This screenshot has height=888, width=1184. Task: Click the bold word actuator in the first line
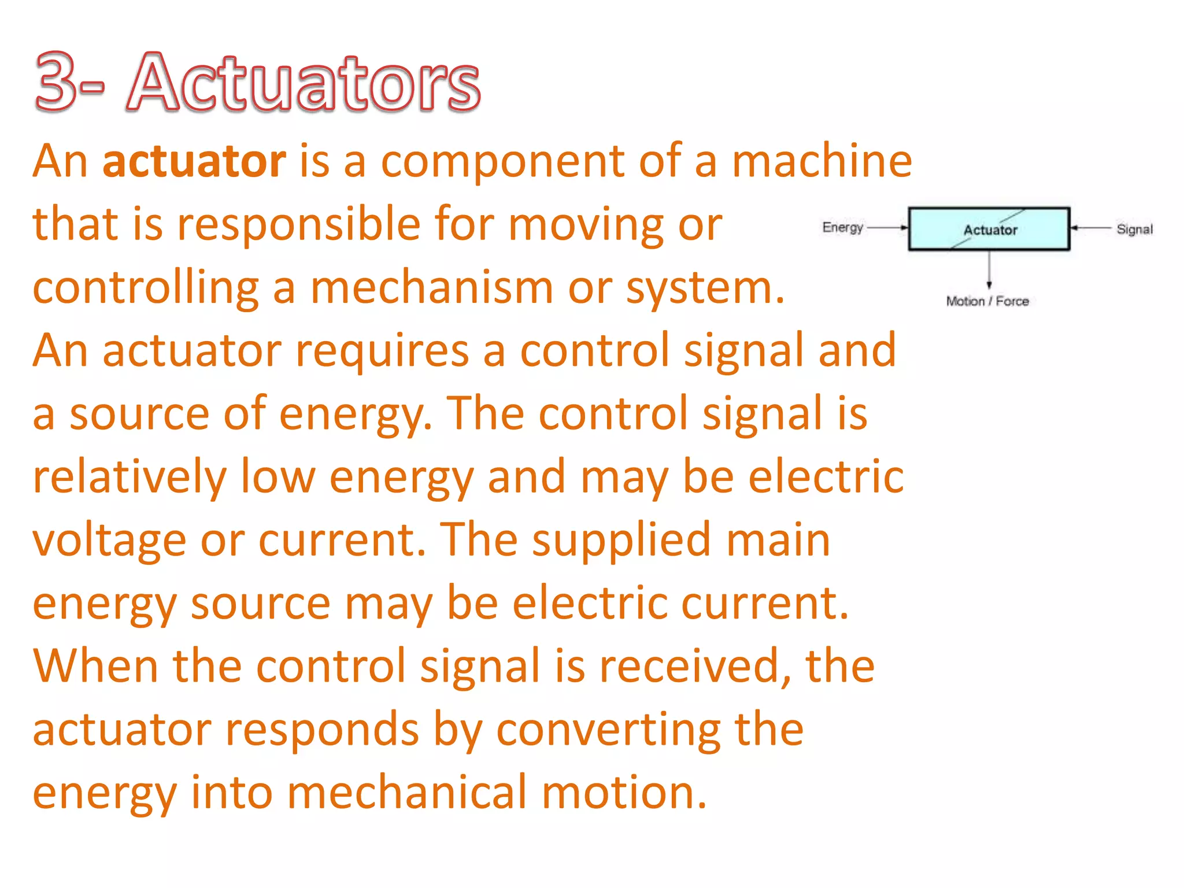click(x=194, y=161)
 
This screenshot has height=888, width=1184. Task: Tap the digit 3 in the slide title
click(x=56, y=82)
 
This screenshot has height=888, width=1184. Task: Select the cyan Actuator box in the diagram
click(x=989, y=229)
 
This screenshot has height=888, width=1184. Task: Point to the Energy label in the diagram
click(x=842, y=227)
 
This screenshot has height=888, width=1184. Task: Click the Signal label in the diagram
click(x=1134, y=230)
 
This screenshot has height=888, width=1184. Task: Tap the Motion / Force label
click(x=987, y=301)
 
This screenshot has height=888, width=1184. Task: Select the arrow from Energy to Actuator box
click(x=887, y=228)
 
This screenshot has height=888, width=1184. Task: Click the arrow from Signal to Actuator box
click(x=1090, y=228)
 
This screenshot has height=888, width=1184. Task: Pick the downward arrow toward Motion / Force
click(x=989, y=269)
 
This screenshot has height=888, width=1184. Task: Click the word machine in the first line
click(x=822, y=161)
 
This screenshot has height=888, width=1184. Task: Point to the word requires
click(x=382, y=351)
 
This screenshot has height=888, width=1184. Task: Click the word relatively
click(x=129, y=477)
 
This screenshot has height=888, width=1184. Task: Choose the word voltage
click(x=109, y=541)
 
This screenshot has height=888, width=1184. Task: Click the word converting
click(x=608, y=730)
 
